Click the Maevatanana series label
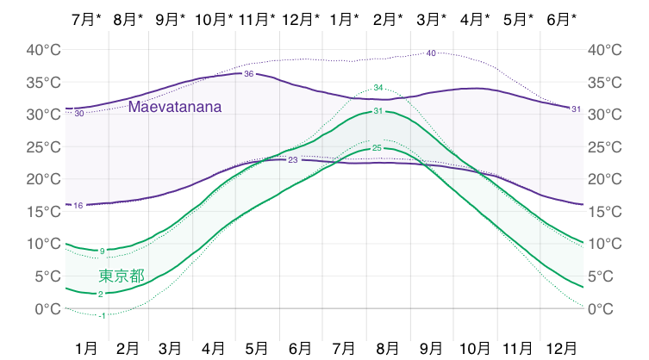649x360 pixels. click(x=175, y=108)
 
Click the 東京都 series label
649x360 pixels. click(x=122, y=276)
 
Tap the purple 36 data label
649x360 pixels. click(x=248, y=74)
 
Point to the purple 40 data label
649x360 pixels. click(x=431, y=53)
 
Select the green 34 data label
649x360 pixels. click(x=378, y=88)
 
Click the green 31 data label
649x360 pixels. click(x=378, y=112)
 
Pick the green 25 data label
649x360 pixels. click(x=377, y=148)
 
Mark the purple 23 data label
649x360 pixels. click(x=292, y=160)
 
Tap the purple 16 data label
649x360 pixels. click(x=78, y=205)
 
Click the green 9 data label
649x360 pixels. click(x=103, y=251)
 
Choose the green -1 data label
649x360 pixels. click(x=103, y=316)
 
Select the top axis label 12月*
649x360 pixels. click(x=301, y=18)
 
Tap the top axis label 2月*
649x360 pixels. click(x=388, y=18)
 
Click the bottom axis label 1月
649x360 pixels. click(x=86, y=348)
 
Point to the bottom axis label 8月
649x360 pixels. click(x=387, y=348)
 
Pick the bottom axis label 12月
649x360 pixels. click(x=562, y=348)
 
